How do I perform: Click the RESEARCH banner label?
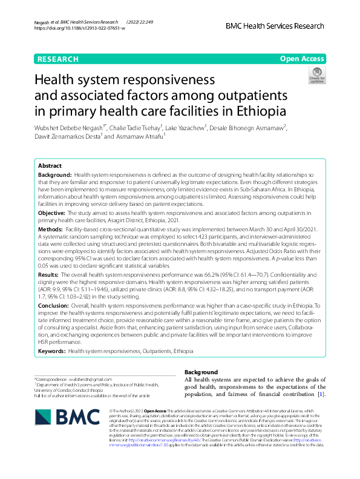click(x=58, y=59)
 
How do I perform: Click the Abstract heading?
click(x=50, y=165)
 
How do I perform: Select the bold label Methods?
click(x=51, y=230)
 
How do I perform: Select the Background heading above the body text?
click(x=200, y=372)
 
